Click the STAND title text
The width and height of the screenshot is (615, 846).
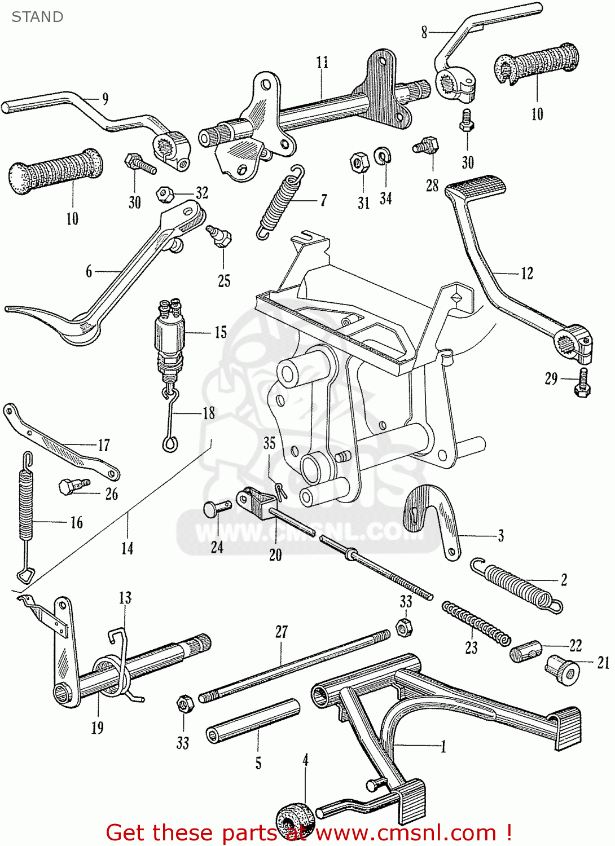click(x=37, y=17)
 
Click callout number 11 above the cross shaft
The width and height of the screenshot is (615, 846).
click(x=322, y=62)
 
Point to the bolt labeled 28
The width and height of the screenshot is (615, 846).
click(x=427, y=146)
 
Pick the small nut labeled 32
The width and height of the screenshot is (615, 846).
click(x=165, y=194)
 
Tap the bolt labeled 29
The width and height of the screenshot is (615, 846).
click(x=583, y=384)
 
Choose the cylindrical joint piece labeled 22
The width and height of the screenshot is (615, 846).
click(x=525, y=651)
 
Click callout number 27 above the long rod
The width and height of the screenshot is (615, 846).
click(x=282, y=632)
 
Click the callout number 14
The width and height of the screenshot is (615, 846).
click(x=128, y=548)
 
